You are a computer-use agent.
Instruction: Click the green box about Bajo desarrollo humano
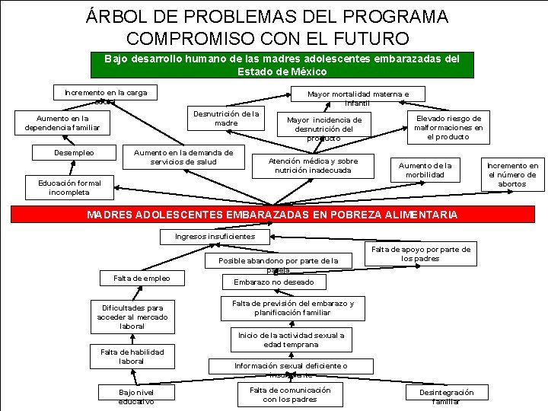(276, 65)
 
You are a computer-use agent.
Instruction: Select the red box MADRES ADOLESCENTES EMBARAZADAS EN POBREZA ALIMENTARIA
(272, 215)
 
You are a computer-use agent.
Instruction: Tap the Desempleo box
(74, 153)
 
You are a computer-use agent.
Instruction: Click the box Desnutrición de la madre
(226, 118)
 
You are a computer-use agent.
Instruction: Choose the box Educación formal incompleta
(69, 187)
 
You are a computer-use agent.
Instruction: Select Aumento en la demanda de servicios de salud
(183, 157)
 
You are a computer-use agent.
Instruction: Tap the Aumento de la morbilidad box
(425, 170)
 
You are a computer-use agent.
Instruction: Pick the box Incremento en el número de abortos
(511, 174)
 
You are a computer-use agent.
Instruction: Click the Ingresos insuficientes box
(215, 236)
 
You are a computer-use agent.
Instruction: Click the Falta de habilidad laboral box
(132, 356)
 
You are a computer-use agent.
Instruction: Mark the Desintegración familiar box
(446, 396)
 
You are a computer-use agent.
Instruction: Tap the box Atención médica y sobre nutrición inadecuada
(313, 166)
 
